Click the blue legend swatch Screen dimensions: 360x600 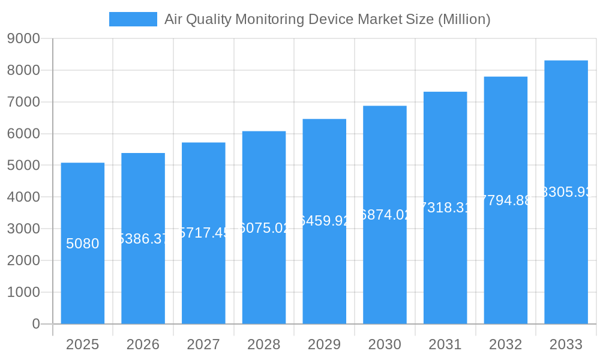pyautogui.click(x=133, y=19)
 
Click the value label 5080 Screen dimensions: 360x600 pyautogui.click(x=83, y=244)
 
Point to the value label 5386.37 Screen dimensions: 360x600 pyautogui.click(x=143, y=239)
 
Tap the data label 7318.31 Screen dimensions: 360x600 pyautogui.click(x=445, y=208)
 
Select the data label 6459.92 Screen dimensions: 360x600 pyautogui.click(x=325, y=221)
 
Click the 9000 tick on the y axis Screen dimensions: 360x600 pyautogui.click(x=23, y=39)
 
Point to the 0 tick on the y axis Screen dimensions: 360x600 pyautogui.click(x=35, y=324)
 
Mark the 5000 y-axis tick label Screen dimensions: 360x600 pyautogui.click(x=23, y=166)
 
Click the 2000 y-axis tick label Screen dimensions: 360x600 pyautogui.click(x=23, y=260)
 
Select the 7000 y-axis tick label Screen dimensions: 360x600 pyautogui.click(x=23, y=102)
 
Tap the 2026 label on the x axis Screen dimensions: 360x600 pyautogui.click(x=143, y=344)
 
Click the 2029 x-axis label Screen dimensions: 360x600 pyautogui.click(x=325, y=344)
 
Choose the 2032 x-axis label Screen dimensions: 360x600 pyautogui.click(x=506, y=344)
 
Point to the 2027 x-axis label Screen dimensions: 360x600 pyautogui.click(x=203, y=344)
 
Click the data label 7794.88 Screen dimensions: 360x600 pyautogui.click(x=506, y=200)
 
